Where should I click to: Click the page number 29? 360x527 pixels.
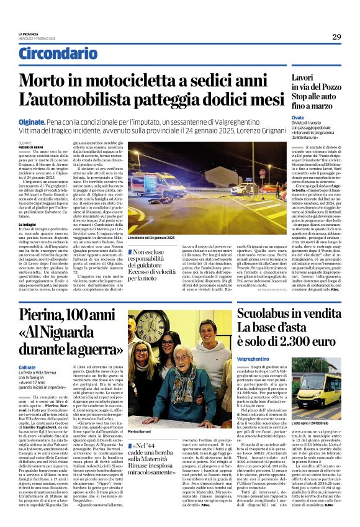[336, 37]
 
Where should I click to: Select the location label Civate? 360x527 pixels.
[298, 116]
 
